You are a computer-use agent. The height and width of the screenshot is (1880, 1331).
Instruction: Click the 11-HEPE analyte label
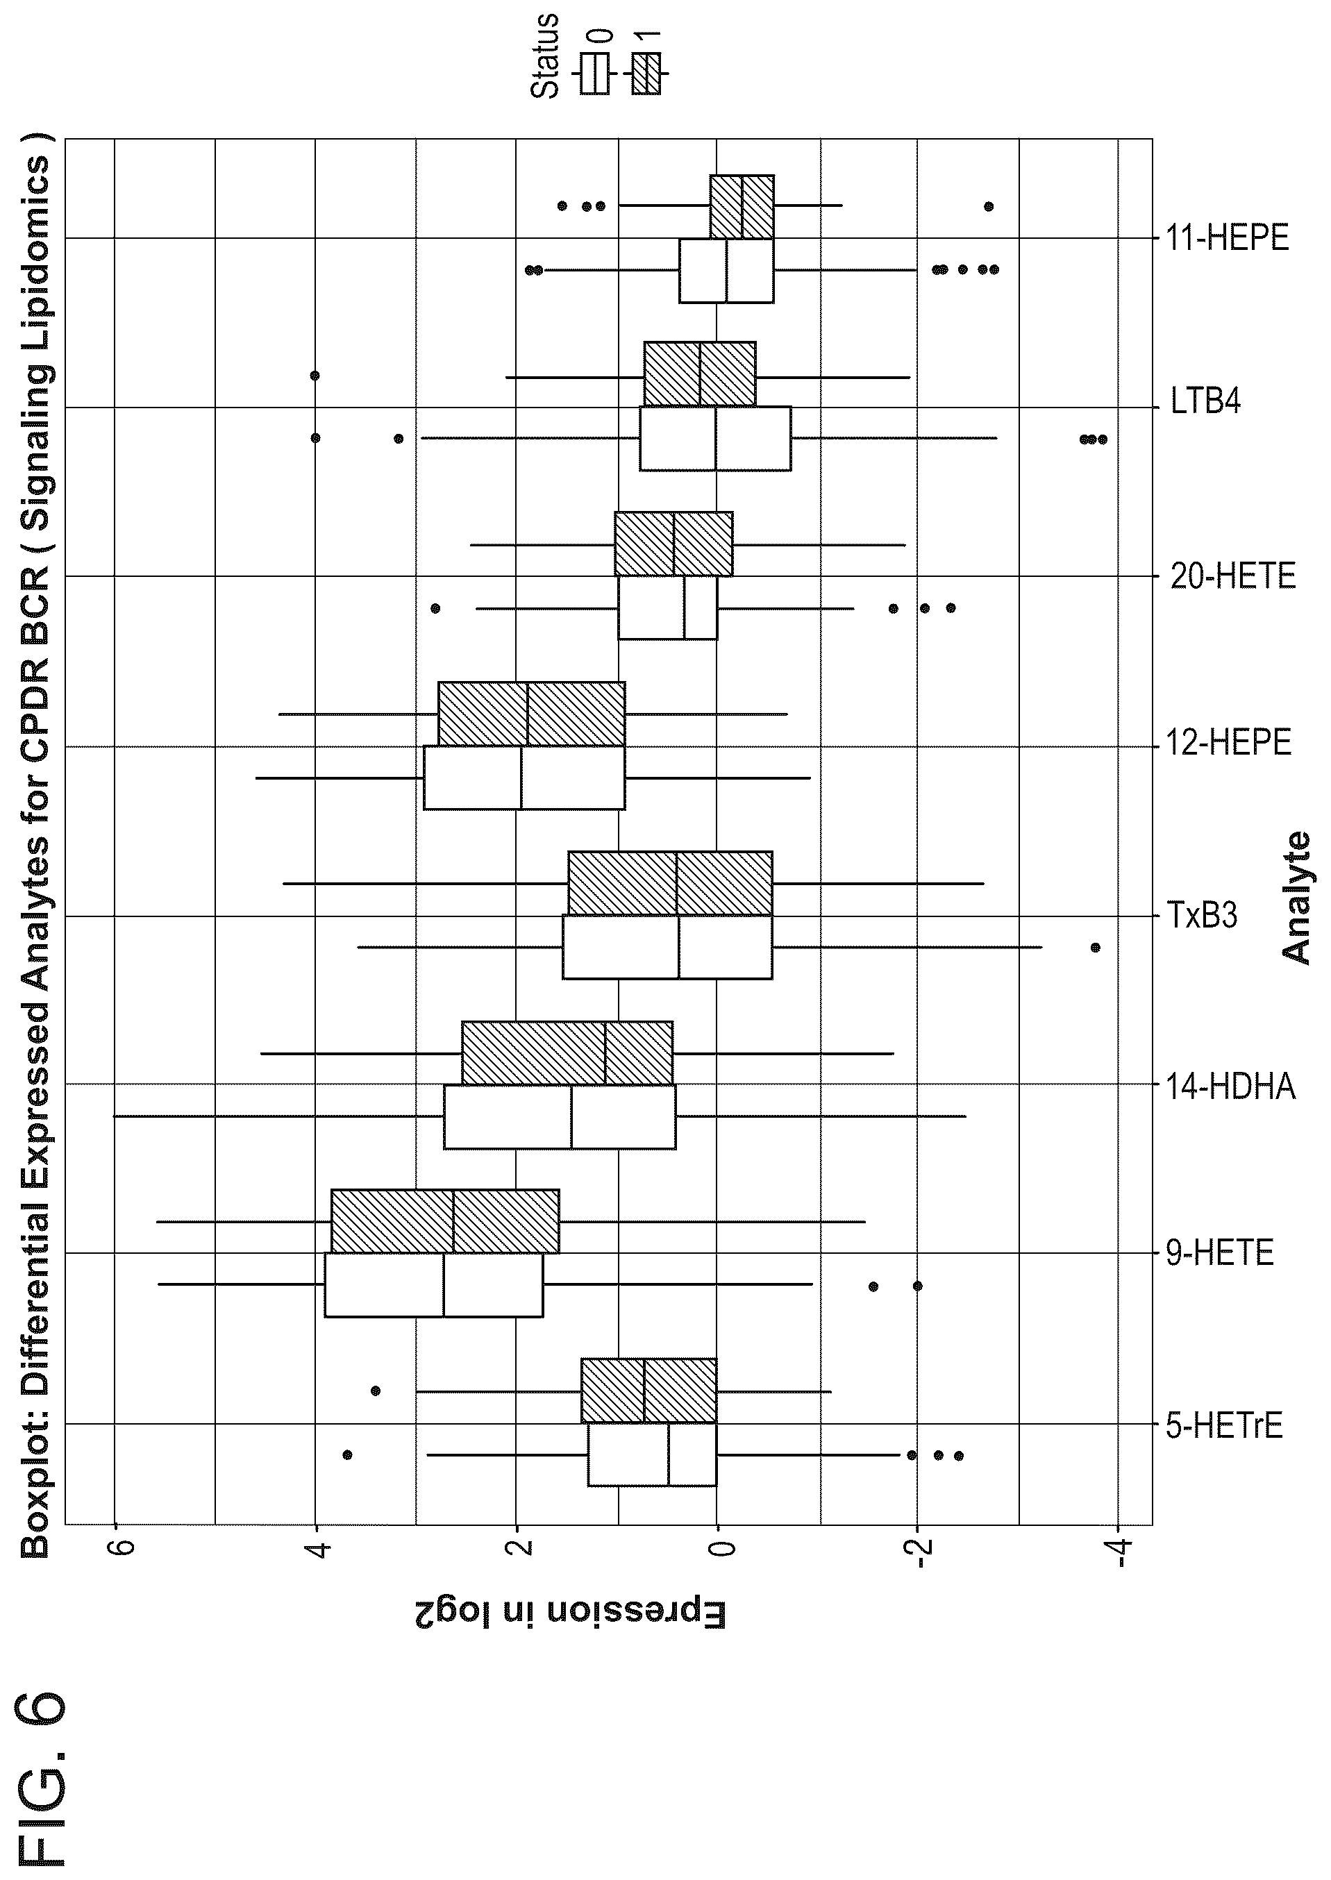(x=1227, y=237)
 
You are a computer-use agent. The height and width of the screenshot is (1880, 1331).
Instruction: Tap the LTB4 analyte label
(x=1205, y=401)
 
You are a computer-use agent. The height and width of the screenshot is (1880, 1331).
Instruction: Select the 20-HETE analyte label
(x=1232, y=576)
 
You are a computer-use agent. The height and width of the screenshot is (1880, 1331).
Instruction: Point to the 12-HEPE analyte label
(x=1228, y=743)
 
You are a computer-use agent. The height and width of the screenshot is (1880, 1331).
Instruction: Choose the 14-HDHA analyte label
(x=1231, y=1086)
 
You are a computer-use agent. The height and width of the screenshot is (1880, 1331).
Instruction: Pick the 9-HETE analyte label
(x=1219, y=1253)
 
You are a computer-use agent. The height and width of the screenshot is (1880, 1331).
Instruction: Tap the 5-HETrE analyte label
(x=1223, y=1426)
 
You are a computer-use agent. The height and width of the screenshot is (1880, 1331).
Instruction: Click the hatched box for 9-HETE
(x=445, y=1221)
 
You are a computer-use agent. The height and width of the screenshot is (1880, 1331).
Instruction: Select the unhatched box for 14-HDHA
(x=560, y=1117)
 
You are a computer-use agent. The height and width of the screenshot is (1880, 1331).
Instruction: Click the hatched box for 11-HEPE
(x=742, y=206)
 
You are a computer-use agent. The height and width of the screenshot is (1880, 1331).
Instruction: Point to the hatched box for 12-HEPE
(x=532, y=714)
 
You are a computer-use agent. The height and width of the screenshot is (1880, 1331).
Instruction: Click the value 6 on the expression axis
(x=115, y=1548)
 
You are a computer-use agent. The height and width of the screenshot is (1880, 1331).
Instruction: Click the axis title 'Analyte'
(x=1296, y=898)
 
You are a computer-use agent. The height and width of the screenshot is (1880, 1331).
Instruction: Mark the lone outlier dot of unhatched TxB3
(x=1096, y=948)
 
